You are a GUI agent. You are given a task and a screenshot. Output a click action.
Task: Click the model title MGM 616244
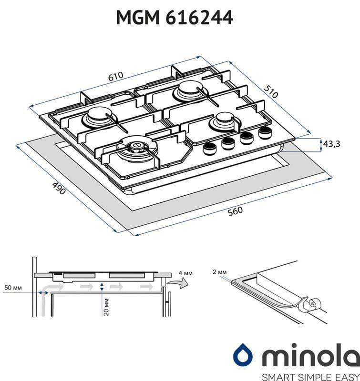[175, 18]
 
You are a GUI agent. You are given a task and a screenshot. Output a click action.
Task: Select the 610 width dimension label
[116, 76]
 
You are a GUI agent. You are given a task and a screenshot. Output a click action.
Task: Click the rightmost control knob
[264, 132]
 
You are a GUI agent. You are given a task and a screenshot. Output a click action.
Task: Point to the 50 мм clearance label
[13, 288]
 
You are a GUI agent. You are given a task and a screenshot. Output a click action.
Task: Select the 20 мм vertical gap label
[105, 305]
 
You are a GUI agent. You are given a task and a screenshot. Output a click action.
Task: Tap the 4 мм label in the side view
[185, 273]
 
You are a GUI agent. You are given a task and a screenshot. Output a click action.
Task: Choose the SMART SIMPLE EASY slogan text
[296, 375]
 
